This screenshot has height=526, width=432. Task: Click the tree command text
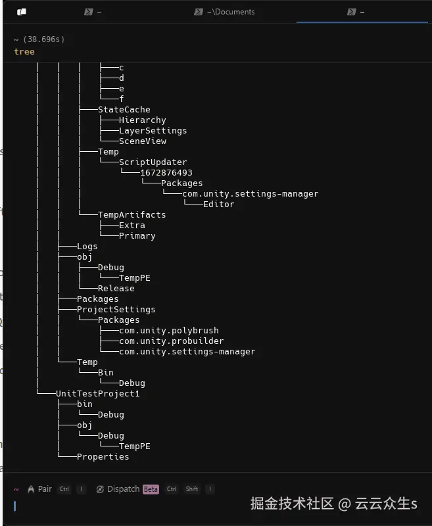click(24, 51)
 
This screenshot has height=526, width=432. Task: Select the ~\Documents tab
click(229, 12)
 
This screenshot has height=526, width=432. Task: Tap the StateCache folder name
click(124, 109)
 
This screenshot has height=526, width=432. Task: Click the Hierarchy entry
click(142, 120)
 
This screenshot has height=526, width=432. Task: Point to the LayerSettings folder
click(153, 130)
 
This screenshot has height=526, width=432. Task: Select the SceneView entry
click(142, 141)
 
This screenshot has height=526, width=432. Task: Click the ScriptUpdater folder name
click(153, 162)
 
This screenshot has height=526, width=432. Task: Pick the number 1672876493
click(166, 172)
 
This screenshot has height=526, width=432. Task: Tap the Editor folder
click(218, 204)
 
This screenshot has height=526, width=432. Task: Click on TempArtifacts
click(132, 214)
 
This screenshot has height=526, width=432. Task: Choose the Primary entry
click(137, 235)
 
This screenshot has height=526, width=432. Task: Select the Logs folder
click(87, 246)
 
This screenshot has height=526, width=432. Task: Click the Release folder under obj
click(116, 288)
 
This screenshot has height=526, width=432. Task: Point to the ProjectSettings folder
click(116, 309)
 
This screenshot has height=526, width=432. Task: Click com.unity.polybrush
click(168, 330)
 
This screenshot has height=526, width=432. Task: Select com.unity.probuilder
click(171, 341)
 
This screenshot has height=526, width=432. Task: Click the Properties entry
click(103, 456)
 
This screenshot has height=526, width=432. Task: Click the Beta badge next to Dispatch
click(151, 489)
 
